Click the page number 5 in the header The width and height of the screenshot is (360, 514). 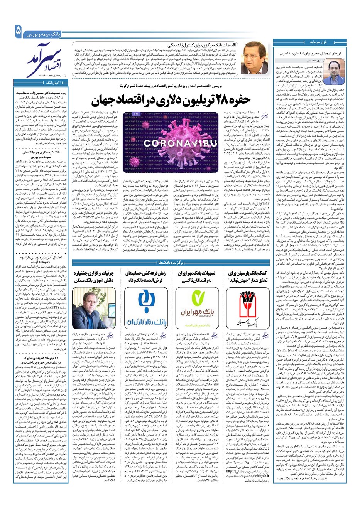coord(18,31)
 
